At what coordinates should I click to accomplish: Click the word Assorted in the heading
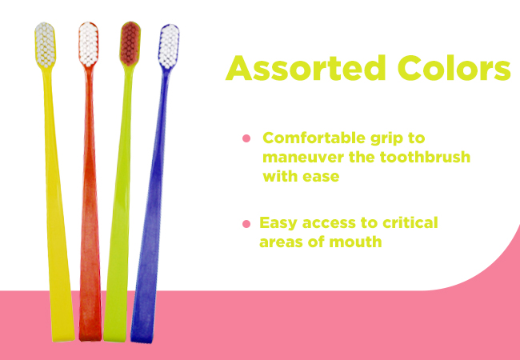pyautogui.click(x=305, y=68)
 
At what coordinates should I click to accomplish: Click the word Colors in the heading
pyautogui.click(x=454, y=68)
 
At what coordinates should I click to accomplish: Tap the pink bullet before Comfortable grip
pyautogui.click(x=246, y=138)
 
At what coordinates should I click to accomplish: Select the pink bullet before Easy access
pyautogui.click(x=246, y=224)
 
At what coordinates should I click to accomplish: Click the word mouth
pyautogui.click(x=355, y=242)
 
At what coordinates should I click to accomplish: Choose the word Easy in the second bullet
pyautogui.click(x=278, y=223)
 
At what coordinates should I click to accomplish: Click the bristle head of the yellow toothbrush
pyautogui.click(x=45, y=45)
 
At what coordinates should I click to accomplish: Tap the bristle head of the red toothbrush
pyautogui.click(x=88, y=44)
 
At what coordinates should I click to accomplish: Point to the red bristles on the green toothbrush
pyautogui.click(x=130, y=43)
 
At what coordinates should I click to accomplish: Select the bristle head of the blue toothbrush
pyautogui.click(x=169, y=46)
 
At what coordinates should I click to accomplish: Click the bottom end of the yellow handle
pyautogui.click(x=64, y=339)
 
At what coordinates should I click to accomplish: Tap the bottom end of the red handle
pyautogui.click(x=90, y=338)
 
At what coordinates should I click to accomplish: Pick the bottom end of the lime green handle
pyautogui.click(x=114, y=339)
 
